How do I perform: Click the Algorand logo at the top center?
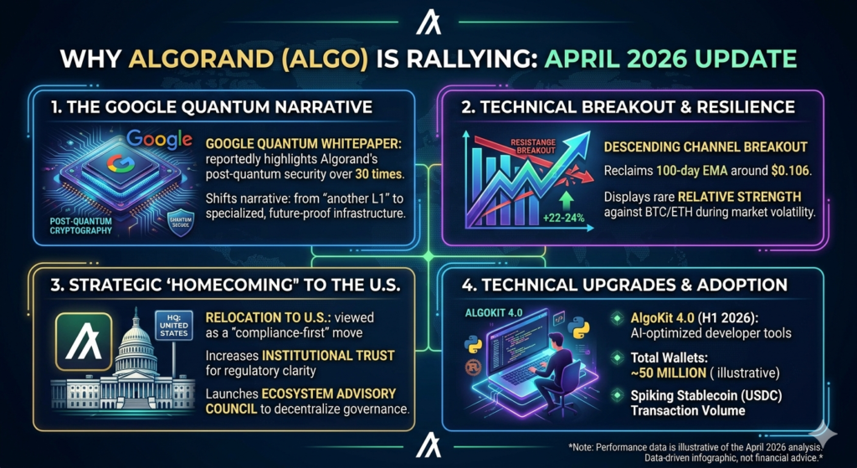pos(428,24)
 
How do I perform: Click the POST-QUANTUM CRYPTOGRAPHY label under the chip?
pos(88,225)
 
